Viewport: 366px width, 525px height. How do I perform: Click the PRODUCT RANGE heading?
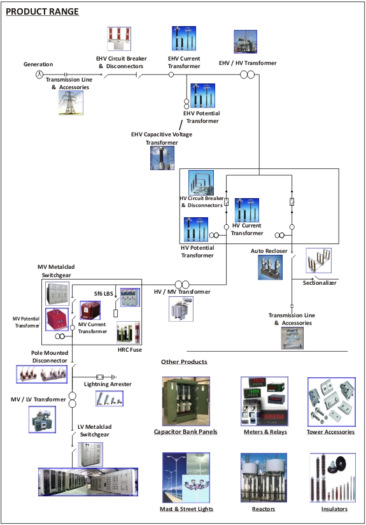[42, 11]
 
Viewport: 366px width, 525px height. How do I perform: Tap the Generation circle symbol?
[39, 75]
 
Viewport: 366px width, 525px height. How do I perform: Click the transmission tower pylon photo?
[71, 103]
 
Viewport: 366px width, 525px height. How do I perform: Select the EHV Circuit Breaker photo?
[119, 39]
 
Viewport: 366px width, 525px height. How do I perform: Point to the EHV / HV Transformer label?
[248, 63]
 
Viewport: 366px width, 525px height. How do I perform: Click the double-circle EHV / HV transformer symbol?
[247, 75]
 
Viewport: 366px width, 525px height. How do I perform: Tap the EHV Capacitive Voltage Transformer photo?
[162, 158]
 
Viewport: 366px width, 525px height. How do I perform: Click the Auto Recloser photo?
[270, 267]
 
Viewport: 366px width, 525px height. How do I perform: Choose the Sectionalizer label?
[320, 283]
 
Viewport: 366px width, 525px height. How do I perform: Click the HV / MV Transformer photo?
[181, 309]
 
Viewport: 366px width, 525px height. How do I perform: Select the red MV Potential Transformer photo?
[57, 319]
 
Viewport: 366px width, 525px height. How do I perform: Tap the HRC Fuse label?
[130, 350]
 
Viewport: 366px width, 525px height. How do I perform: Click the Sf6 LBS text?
[103, 294]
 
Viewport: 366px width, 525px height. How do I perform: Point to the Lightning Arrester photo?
[109, 398]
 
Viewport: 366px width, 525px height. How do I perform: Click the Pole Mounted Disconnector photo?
[42, 374]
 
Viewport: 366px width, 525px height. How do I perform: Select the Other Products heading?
[184, 362]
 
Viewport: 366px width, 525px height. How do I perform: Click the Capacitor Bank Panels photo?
[186, 401]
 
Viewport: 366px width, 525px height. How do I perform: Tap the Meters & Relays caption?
[265, 432]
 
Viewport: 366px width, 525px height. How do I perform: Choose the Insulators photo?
[332, 478]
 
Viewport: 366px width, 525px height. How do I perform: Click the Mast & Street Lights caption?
[187, 509]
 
